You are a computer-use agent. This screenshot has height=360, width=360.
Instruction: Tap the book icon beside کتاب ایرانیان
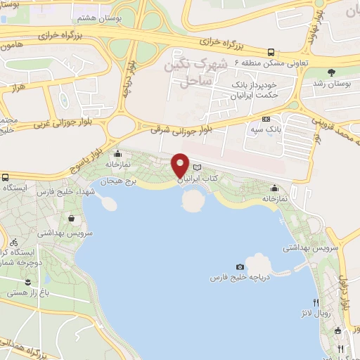pyautogui.click(x=197, y=167)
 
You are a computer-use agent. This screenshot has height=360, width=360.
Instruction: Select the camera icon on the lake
pyautogui.click(x=240, y=266)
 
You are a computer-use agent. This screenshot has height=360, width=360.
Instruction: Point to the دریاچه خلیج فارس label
pyautogui.click(x=239, y=278)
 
